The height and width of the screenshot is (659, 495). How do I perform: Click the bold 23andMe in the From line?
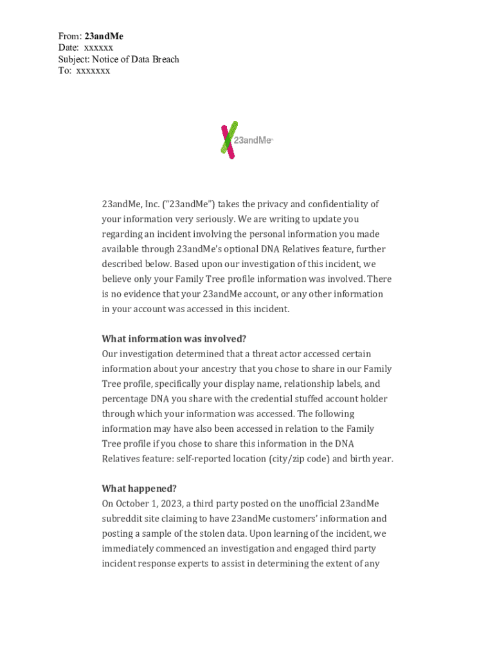pyautogui.click(x=104, y=37)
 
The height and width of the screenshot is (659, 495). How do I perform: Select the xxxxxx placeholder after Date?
pyautogui.click(x=98, y=48)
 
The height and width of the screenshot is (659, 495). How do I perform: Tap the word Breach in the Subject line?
pyautogui.click(x=164, y=60)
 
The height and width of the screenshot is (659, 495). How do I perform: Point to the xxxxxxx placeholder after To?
pyautogui.click(x=93, y=71)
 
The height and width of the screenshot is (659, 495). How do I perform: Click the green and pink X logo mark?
pyautogui.click(x=228, y=139)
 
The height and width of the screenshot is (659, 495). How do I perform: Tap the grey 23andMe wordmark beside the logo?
pyautogui.click(x=253, y=140)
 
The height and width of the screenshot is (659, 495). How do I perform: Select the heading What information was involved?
pyautogui.click(x=174, y=339)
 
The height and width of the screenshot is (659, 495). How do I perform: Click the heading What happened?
pyautogui.click(x=139, y=488)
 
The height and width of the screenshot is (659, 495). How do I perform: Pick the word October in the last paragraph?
pyautogui.click(x=133, y=504)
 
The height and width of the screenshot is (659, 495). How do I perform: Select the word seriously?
pyautogui.click(x=200, y=219)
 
